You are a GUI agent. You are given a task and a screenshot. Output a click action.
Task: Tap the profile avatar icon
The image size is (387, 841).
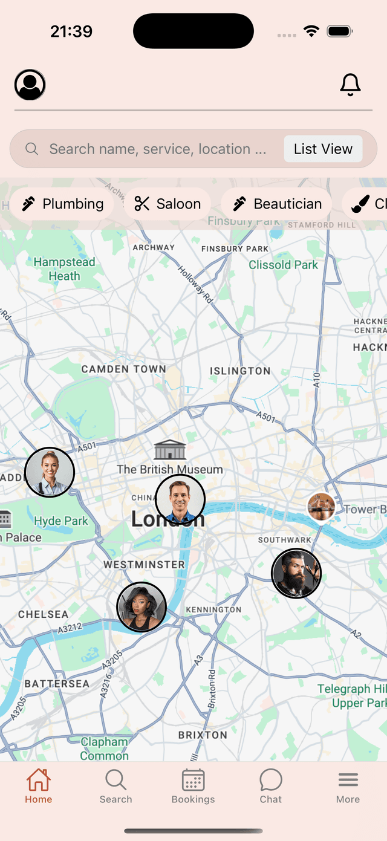tap(30, 85)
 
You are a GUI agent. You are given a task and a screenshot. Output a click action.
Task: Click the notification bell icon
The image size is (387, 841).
tap(350, 85)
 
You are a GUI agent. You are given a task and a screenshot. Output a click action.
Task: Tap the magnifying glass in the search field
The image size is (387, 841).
tap(32, 149)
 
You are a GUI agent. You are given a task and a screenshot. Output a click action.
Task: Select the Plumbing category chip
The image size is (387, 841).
tap(62, 204)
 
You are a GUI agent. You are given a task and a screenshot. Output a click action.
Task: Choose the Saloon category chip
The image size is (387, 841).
tap(167, 204)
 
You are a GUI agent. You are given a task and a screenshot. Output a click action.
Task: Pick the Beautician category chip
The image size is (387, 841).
tap(277, 204)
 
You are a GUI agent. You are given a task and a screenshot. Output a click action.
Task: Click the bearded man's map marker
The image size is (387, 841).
tap(296, 573)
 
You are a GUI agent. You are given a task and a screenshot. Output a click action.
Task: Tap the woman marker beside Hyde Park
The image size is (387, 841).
tap(50, 472)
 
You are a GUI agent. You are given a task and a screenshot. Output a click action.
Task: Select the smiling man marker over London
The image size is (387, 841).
tap(180, 499)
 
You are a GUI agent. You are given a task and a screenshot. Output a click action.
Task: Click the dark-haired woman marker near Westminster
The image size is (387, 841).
tap(141, 607)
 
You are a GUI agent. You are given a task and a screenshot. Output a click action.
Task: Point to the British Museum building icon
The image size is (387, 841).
tap(170, 450)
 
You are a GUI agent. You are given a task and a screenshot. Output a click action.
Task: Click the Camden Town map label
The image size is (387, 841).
tap(123, 369)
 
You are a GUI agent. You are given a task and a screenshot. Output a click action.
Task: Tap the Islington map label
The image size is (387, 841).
tap(240, 371)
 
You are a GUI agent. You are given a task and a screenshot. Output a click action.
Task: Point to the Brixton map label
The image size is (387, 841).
tap(203, 735)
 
